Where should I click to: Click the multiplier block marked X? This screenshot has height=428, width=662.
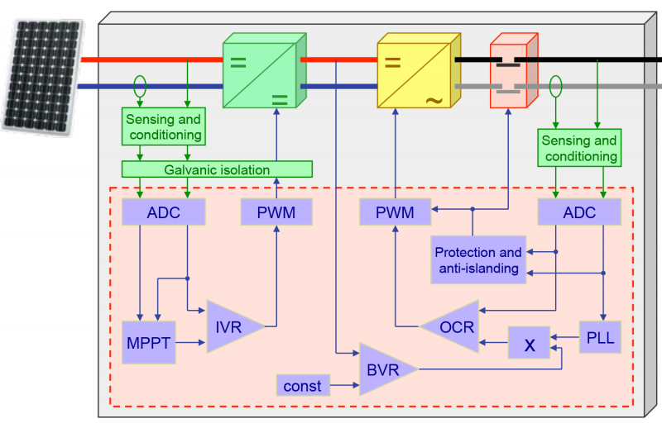click(530, 345)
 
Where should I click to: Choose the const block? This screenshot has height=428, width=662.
click(302, 385)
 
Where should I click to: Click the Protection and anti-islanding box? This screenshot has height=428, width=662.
click(478, 259)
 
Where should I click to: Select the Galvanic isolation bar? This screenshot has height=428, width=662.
click(217, 169)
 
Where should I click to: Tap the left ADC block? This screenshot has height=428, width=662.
click(163, 212)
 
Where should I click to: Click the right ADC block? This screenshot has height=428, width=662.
click(578, 213)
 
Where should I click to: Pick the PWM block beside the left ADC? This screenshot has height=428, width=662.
click(277, 212)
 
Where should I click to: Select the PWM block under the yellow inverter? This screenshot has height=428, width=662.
click(396, 213)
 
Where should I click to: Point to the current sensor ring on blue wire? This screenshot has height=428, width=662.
click(140, 84)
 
